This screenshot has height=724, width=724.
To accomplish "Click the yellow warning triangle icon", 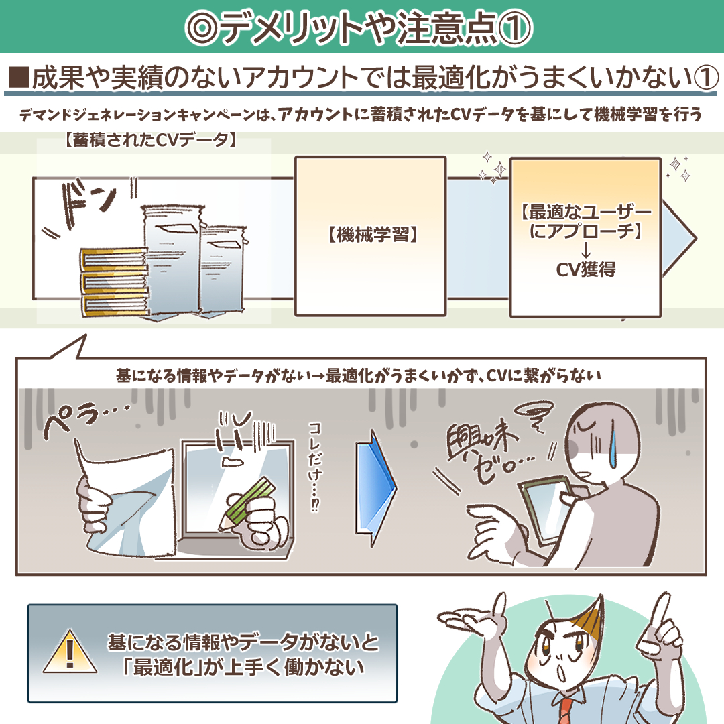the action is (70, 652).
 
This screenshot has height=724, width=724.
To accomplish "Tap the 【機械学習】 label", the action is (371, 235).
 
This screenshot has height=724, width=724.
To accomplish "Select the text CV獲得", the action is (585, 269).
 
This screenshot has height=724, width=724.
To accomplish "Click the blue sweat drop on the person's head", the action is (614, 451).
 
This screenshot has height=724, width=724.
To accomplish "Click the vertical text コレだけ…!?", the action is (315, 467).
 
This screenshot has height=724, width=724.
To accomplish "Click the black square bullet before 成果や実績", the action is (19, 78).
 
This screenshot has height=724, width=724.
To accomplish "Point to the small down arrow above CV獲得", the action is (585, 249).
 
